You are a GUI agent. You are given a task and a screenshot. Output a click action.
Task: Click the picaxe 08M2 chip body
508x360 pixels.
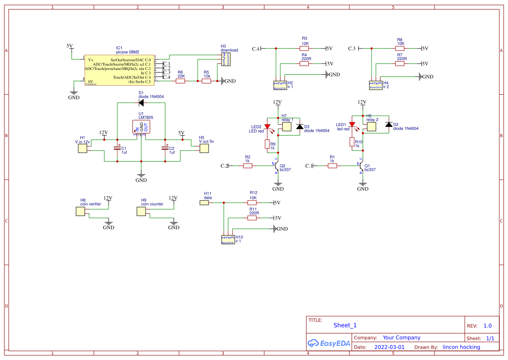click(119, 70)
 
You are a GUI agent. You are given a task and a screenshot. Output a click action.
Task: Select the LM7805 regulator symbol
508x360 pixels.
click(141, 127)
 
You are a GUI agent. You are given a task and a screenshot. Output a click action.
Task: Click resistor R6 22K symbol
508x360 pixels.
click(181, 80)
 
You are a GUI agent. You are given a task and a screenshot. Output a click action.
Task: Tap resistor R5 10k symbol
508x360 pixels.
click(206, 80)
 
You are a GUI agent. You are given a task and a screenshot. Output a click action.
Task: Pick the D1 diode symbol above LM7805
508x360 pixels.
click(141, 103)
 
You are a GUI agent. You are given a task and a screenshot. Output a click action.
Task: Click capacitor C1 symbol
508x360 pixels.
click(117, 148)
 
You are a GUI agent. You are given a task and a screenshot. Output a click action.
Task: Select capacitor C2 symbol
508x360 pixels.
click(165, 148)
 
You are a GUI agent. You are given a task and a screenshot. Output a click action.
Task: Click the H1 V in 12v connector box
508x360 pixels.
click(82, 148)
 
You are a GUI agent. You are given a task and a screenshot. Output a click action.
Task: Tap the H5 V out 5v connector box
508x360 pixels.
click(204, 148)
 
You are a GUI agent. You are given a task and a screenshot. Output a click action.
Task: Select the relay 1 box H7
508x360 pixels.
click(287, 127)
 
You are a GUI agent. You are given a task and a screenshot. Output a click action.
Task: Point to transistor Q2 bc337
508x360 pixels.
click(277, 166)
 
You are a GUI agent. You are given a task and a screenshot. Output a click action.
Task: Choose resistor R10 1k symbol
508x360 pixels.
click(352, 143)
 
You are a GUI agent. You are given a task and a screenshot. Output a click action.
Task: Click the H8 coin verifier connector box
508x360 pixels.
click(80, 211)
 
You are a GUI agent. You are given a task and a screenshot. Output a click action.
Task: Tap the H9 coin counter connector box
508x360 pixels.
click(141, 211)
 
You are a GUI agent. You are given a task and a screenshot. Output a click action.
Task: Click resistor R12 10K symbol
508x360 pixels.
click(252, 203)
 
